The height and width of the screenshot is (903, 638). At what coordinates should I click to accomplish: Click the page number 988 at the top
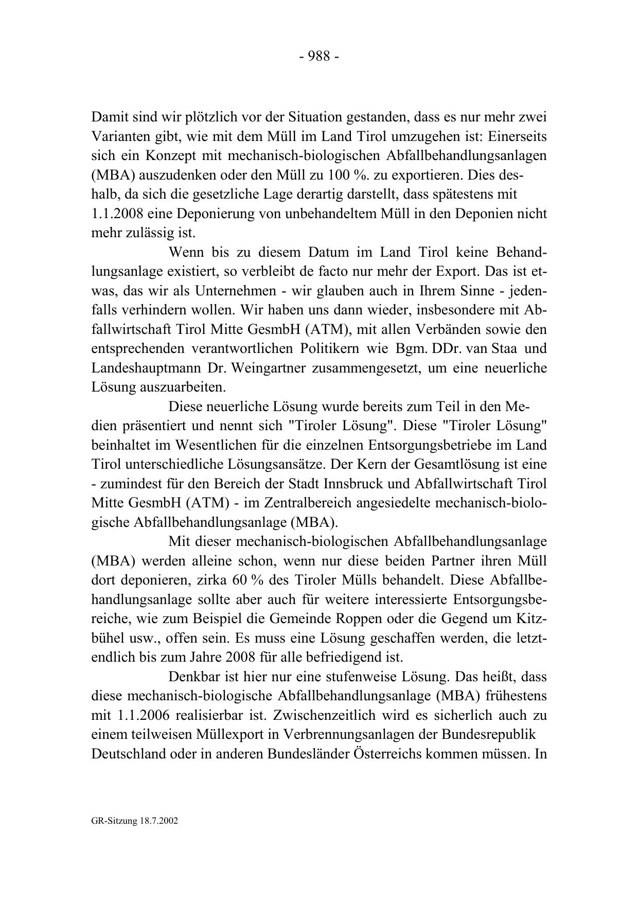(319, 57)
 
